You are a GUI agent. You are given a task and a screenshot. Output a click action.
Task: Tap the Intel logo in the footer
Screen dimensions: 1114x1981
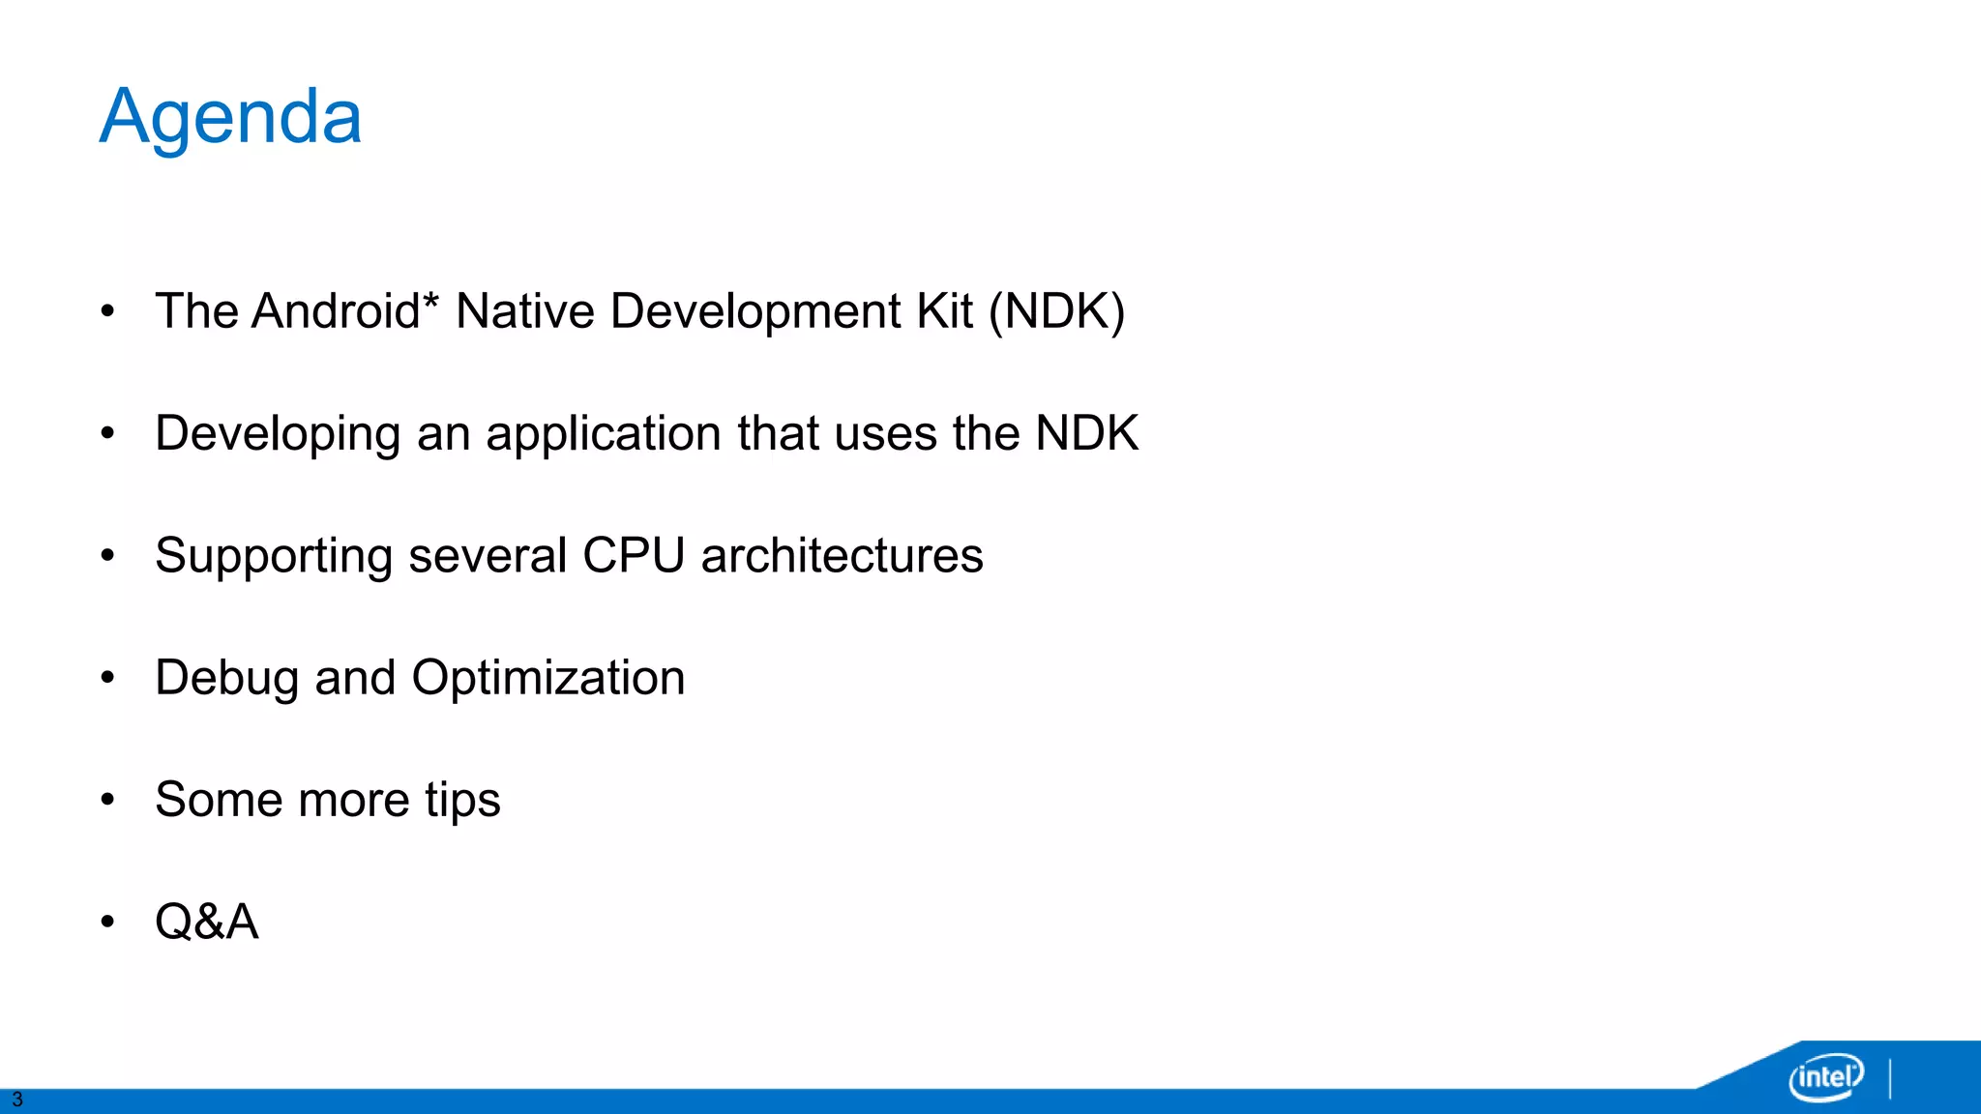coord(1826,1075)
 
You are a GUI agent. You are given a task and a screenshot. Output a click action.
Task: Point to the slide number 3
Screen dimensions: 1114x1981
coord(16,1099)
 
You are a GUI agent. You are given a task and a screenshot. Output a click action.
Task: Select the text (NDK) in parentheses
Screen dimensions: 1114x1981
coord(1056,311)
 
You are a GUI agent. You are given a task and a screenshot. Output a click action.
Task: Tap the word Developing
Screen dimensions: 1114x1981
coord(278,434)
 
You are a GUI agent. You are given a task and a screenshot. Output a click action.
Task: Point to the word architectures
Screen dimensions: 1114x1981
coord(842,556)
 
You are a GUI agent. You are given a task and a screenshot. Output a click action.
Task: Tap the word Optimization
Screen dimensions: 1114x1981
coord(548,678)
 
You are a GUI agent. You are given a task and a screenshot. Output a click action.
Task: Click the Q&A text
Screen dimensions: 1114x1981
coord(207,922)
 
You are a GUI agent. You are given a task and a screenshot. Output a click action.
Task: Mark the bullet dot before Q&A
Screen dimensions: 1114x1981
coord(107,922)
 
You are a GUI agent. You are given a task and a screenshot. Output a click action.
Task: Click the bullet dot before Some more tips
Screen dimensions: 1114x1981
coord(107,800)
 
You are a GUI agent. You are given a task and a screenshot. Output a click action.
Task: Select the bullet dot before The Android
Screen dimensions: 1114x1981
coord(107,311)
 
